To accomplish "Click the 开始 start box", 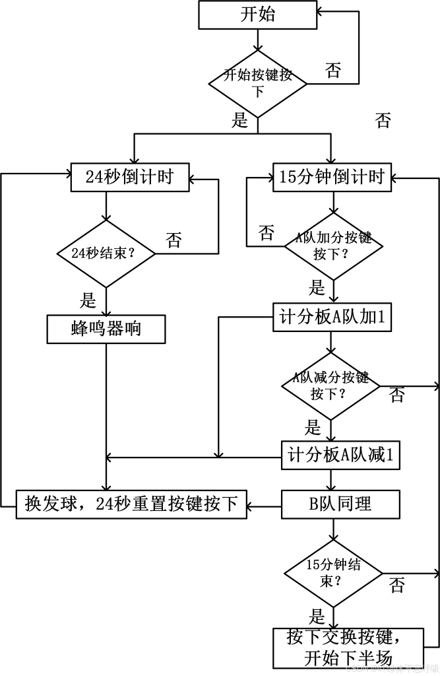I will (257, 15).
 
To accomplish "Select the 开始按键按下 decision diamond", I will (258, 83).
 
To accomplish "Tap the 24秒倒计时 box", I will (130, 177).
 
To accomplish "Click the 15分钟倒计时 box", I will (331, 177).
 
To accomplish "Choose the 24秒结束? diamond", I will (106, 252).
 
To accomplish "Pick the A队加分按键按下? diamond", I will (333, 246).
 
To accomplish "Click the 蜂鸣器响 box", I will (106, 329).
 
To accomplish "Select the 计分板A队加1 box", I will (332, 318).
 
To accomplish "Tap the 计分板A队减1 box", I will (340, 456).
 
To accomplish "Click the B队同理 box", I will (340, 504).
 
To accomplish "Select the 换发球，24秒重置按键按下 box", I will (131, 504).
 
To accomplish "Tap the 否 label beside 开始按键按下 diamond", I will (334, 71).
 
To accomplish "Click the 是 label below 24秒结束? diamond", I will (88, 301).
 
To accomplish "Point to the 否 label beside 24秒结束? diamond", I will (173, 240).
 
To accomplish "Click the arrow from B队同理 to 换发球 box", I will (265, 506).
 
